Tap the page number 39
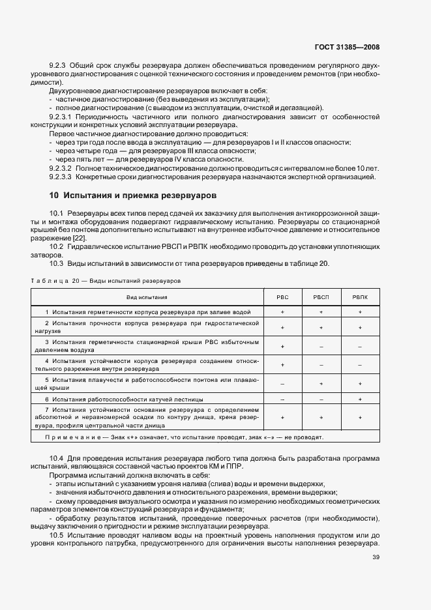tap(376, 557)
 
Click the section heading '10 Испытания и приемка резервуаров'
tap(134, 195)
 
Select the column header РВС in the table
tap(282, 297)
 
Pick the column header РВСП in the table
tap(321, 297)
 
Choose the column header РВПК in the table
tap(359, 297)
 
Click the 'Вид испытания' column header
tap(151, 297)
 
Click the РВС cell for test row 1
tap(282, 312)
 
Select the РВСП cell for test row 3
tap(321, 346)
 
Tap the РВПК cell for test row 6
tap(359, 398)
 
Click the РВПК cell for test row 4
tap(359, 365)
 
